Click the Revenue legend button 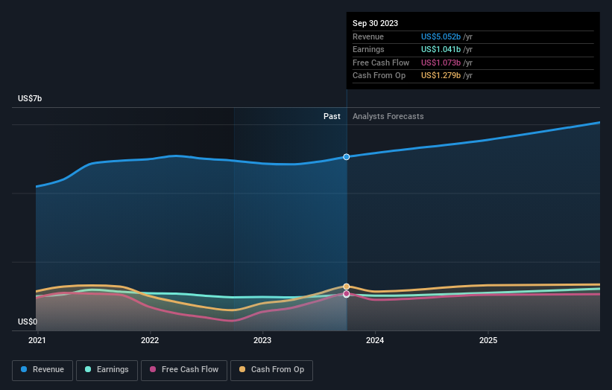[42, 370]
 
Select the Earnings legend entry [107, 370]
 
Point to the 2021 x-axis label [37, 340]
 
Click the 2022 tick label [150, 340]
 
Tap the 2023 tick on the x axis [262, 340]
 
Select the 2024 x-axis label [375, 340]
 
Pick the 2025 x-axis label [488, 340]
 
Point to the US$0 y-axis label [28, 322]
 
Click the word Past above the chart [332, 116]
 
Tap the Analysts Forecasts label [388, 116]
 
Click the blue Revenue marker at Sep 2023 [347, 157]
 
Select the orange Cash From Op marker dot [347, 287]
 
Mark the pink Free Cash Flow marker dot [347, 294]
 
